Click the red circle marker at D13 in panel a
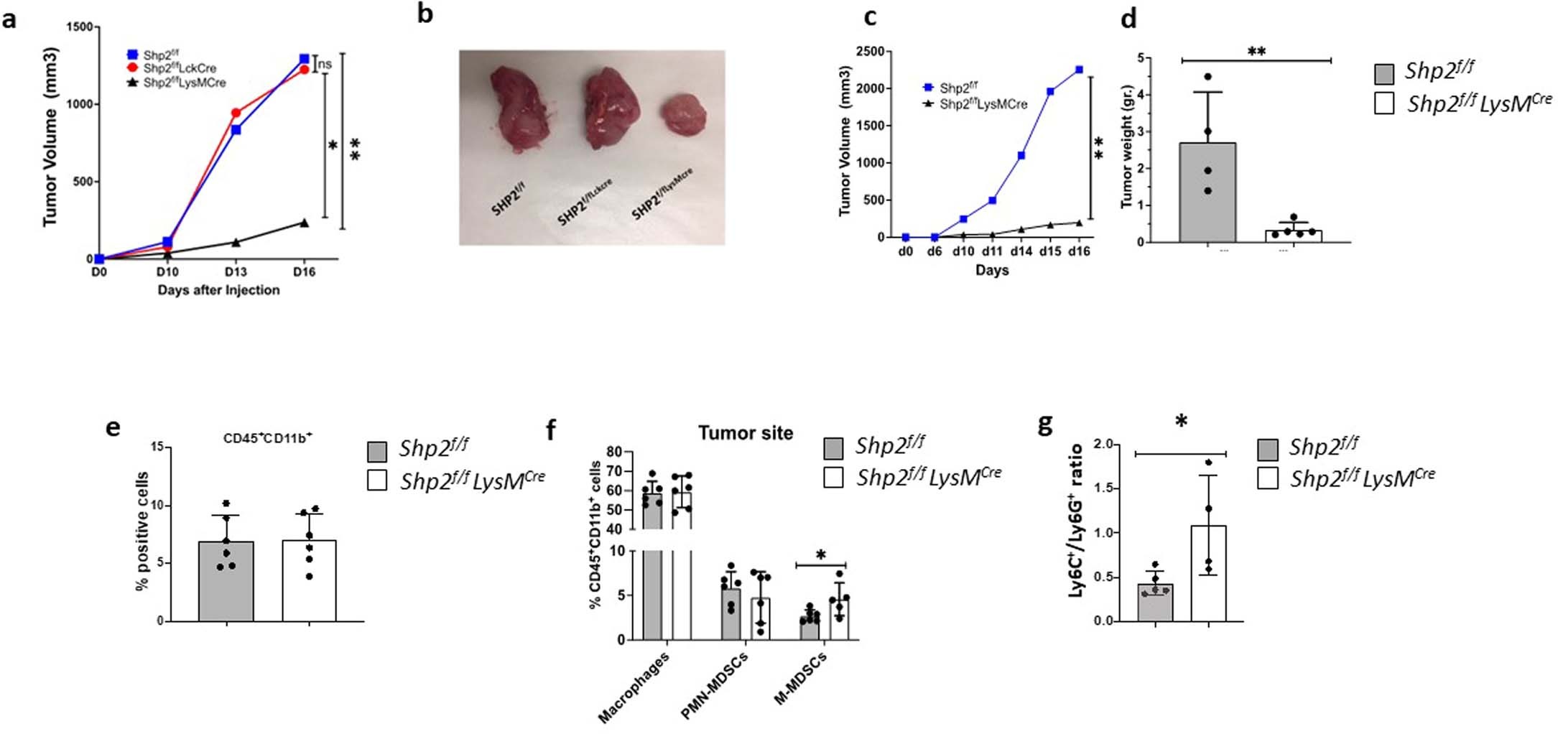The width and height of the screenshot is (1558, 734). (x=236, y=113)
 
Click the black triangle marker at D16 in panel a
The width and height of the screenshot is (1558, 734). (x=304, y=223)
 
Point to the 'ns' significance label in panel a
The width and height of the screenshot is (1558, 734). (x=325, y=65)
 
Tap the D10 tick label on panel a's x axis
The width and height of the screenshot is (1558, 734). (x=167, y=272)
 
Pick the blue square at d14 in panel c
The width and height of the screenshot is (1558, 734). (x=1021, y=155)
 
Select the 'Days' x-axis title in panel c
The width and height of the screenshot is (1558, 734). (x=992, y=271)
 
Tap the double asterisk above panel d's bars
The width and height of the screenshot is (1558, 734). (x=1256, y=52)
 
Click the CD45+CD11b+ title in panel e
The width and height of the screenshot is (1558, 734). (x=267, y=438)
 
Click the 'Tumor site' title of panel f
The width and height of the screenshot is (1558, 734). (x=746, y=433)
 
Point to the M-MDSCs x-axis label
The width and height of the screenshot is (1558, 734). (x=800, y=679)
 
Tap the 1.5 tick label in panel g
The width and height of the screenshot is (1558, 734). (x=1105, y=489)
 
